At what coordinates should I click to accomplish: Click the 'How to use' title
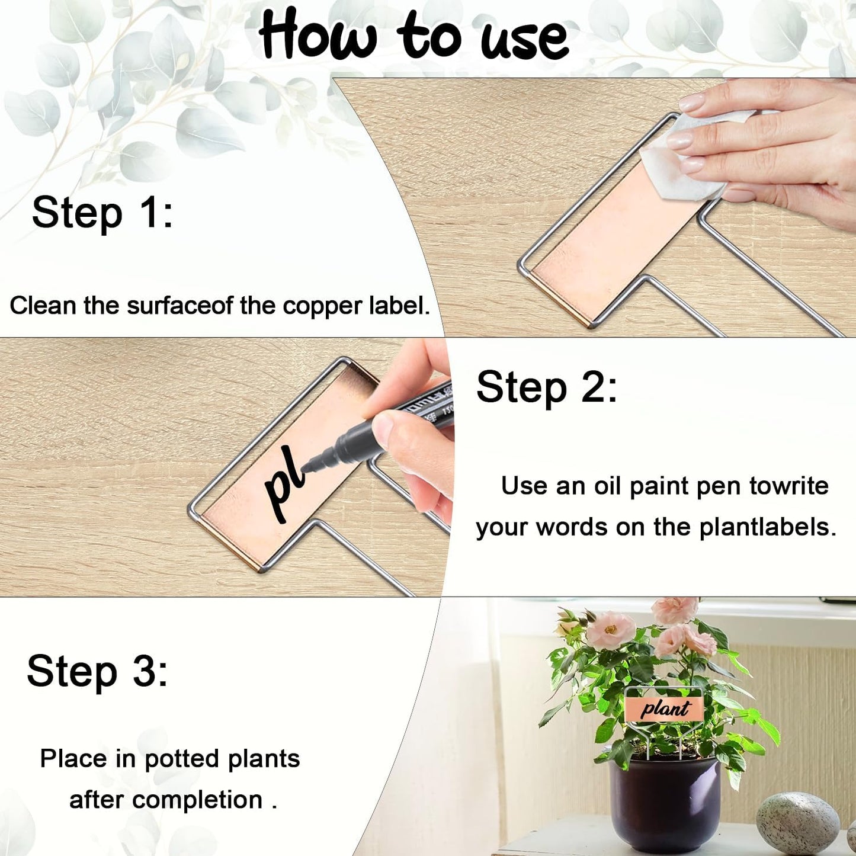tap(413, 36)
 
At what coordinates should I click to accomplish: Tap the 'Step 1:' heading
tap(102, 213)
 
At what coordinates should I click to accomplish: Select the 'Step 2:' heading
tap(546, 387)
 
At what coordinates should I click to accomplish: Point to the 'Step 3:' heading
tap(97, 671)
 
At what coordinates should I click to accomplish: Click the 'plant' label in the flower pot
tap(664, 708)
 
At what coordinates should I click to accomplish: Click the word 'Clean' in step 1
tap(43, 306)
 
